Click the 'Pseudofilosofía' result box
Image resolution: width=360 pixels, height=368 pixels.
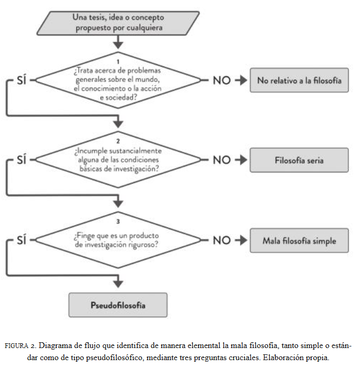point(118,305)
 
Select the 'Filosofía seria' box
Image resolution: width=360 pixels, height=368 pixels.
point(299,160)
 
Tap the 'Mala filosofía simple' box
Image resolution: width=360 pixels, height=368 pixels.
point(299,240)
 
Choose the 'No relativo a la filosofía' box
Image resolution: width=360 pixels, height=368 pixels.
point(299,80)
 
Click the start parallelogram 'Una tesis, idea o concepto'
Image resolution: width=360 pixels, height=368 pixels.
point(118,23)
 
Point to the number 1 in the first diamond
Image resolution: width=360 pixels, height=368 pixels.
point(118,62)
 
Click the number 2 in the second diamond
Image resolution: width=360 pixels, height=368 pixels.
point(118,141)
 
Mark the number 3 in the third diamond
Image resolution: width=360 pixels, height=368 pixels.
point(118,221)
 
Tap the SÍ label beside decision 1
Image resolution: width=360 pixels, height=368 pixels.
point(22,80)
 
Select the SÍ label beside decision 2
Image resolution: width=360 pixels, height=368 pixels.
point(22,160)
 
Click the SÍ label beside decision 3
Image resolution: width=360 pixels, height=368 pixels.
point(22,240)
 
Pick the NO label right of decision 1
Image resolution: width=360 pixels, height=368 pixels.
point(222,80)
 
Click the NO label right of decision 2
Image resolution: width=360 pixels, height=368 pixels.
point(222,160)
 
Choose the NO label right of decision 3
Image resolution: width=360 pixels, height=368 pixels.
point(222,240)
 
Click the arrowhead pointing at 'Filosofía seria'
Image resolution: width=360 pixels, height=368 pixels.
point(243,160)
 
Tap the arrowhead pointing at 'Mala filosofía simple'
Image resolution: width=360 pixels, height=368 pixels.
point(243,240)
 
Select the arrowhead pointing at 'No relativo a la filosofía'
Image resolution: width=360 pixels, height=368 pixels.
point(243,80)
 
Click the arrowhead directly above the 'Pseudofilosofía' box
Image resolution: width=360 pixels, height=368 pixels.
point(118,284)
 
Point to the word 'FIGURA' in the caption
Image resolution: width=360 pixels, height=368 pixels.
point(16,346)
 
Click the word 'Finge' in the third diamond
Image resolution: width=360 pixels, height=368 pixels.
point(86,236)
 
